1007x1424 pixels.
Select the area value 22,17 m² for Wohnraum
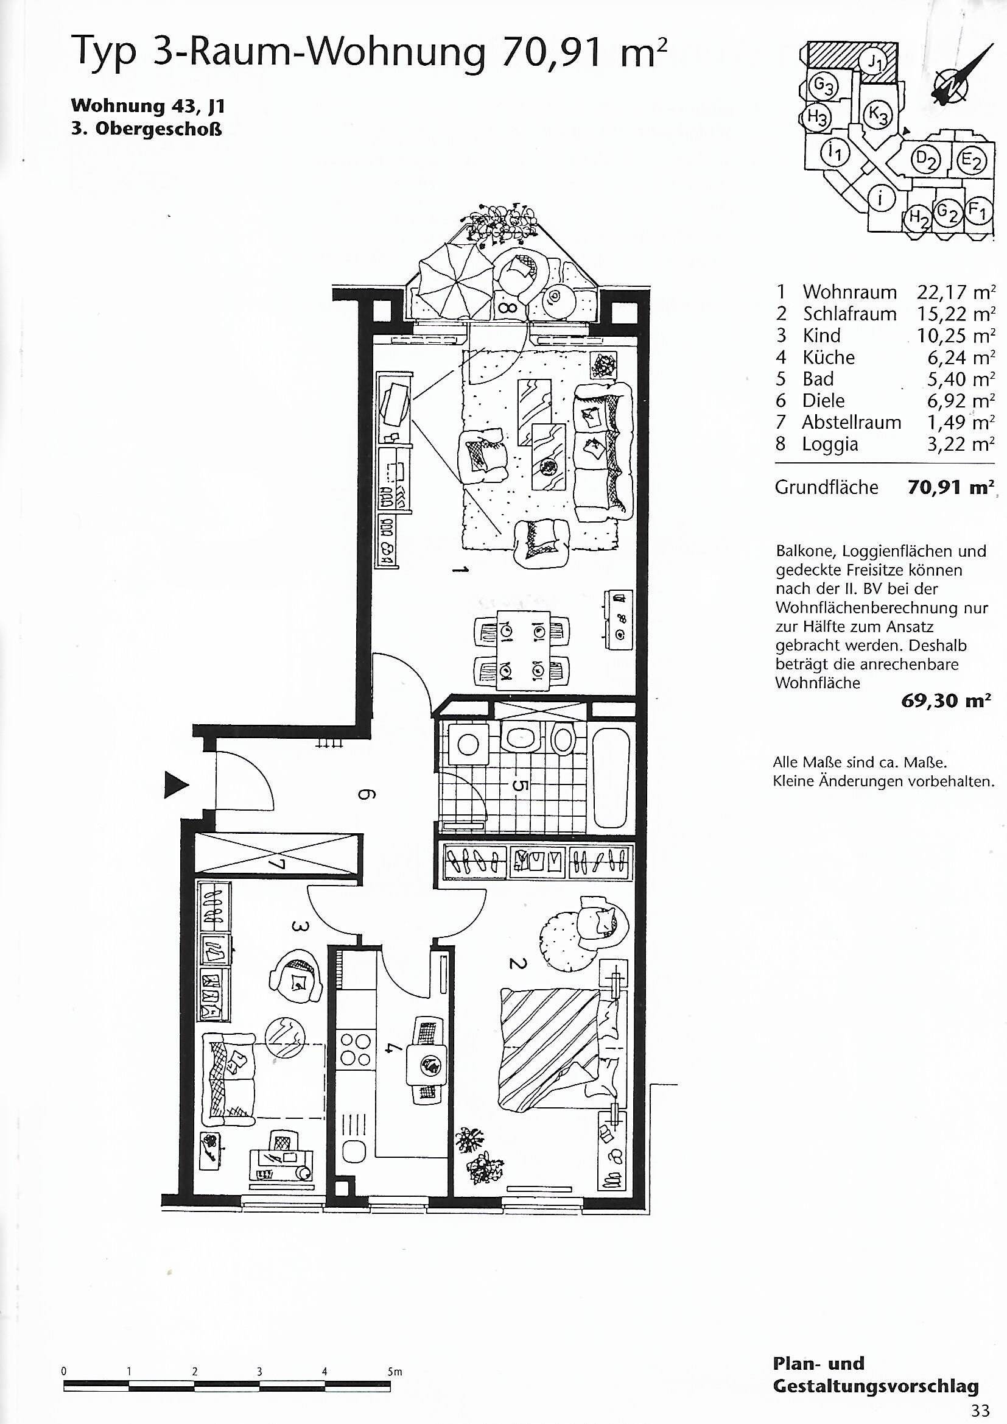955,292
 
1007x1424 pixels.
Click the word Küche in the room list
829,358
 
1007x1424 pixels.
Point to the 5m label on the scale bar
395,1367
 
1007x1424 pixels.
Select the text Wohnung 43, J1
147,106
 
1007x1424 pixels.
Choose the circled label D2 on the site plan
925,160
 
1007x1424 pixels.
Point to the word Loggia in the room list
830,445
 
